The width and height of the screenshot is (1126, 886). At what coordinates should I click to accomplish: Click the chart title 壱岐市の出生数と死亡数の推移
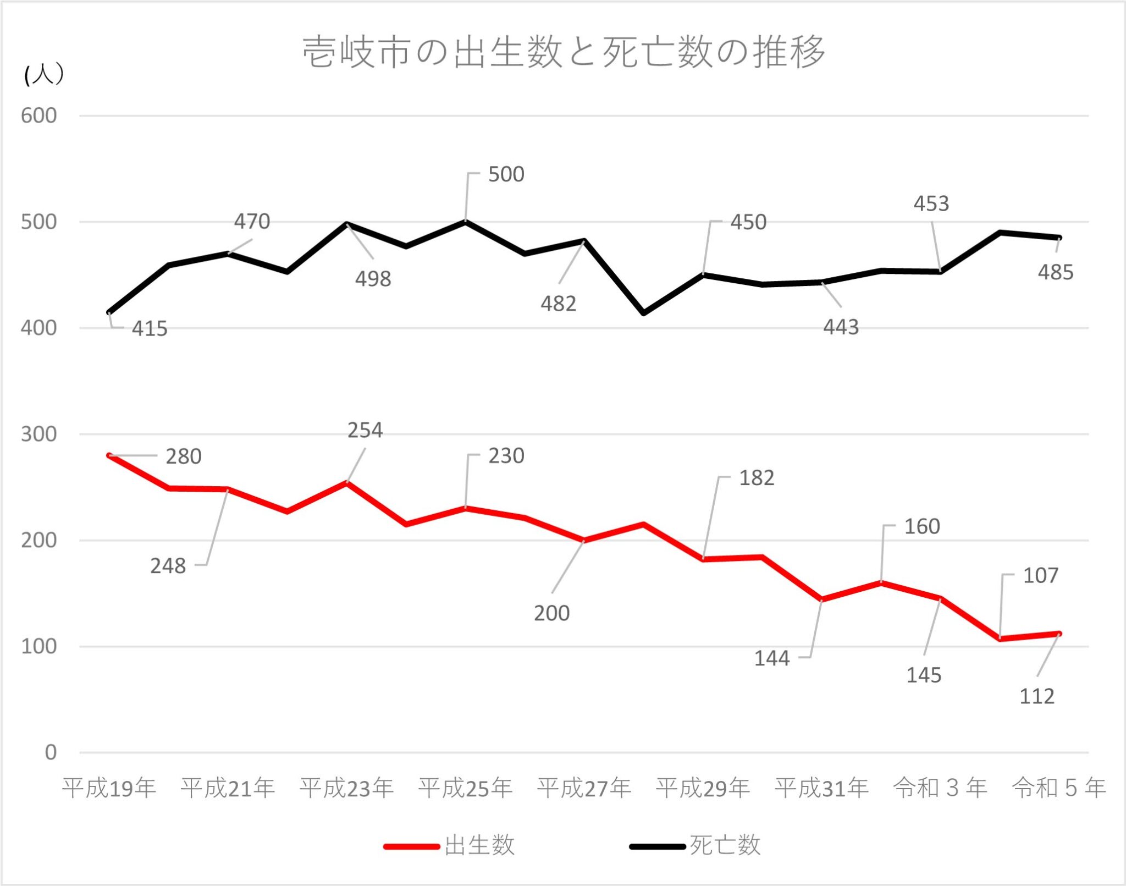point(564,52)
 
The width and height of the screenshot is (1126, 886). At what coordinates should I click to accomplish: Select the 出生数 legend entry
point(479,845)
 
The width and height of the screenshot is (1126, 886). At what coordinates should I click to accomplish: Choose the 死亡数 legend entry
point(725,845)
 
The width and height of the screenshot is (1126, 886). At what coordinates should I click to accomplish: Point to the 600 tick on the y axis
point(39,115)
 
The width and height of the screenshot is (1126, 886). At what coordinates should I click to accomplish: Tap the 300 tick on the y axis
point(39,434)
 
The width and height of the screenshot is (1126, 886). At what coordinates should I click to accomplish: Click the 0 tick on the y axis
point(51,752)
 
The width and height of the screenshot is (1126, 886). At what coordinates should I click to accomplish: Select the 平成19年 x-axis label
point(109,788)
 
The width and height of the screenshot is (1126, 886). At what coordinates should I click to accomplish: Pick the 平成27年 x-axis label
point(584,788)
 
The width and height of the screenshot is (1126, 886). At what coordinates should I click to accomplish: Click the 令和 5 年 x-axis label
point(1059,788)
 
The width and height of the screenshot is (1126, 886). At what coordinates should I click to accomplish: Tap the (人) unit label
point(44,74)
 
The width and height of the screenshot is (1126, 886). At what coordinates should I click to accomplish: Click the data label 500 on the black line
point(506,174)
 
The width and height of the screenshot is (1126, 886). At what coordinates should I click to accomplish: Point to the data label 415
point(150,329)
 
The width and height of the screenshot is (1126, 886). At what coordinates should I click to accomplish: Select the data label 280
point(184,456)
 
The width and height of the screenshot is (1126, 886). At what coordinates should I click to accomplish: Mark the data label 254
point(365,430)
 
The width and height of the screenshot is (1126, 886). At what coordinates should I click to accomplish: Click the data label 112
point(1037,696)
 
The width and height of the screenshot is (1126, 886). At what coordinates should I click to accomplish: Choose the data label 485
point(1056,272)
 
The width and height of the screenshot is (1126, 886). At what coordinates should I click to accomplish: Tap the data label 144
point(771,658)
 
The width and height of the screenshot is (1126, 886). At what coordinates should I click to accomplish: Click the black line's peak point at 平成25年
point(466,221)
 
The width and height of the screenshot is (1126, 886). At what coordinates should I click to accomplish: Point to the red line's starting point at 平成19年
point(109,455)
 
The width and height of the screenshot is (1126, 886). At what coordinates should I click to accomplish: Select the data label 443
point(841,327)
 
